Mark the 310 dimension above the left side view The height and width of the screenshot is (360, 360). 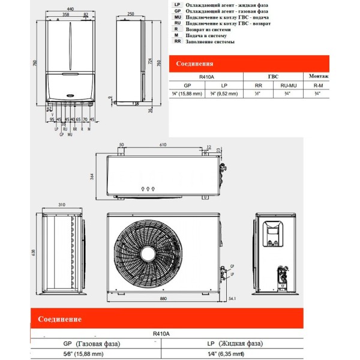point(62,206)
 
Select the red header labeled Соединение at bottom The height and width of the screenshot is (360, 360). point(60,319)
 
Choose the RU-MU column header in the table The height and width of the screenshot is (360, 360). point(289,86)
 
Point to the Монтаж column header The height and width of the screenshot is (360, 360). point(317,77)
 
